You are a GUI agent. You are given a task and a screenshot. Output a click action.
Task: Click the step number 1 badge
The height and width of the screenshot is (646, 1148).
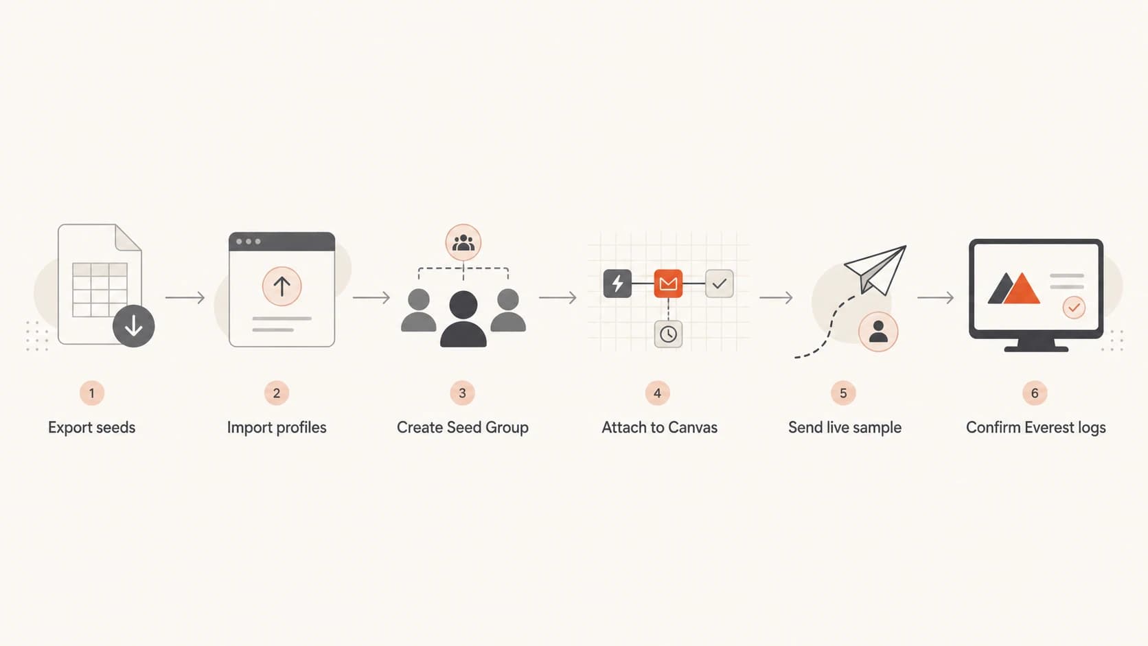[92, 393]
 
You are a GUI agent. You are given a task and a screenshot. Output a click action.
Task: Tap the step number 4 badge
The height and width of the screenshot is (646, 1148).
[658, 393]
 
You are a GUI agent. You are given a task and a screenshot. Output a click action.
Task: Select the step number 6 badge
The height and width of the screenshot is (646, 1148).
[1035, 393]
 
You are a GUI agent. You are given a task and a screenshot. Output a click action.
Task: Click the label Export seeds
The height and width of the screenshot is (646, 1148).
[92, 427]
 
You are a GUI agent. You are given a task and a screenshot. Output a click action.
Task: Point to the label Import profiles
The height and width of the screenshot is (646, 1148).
[277, 427]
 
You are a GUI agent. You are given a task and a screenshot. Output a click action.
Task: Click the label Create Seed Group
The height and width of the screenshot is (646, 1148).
[462, 427]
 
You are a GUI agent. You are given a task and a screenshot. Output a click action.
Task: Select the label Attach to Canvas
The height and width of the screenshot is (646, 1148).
[660, 427]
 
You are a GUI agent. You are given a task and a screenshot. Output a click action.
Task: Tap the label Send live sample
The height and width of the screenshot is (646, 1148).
[845, 427]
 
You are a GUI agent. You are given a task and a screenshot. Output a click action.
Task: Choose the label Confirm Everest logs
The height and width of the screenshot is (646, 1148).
[1036, 427]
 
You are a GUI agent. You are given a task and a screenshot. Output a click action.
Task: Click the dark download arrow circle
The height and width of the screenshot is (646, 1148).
[134, 326]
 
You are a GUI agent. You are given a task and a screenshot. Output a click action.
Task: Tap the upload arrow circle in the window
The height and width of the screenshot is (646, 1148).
[282, 286]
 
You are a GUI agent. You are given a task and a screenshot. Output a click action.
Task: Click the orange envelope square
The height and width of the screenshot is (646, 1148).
[668, 284]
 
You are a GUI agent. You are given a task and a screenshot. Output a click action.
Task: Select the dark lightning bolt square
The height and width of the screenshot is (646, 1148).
[617, 284]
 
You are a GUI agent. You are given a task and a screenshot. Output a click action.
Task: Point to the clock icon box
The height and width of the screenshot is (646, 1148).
[668, 334]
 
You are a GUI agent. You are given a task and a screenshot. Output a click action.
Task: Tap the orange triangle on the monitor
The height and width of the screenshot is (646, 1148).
[1022, 289]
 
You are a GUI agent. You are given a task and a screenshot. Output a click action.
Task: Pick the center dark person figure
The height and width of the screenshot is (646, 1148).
[463, 319]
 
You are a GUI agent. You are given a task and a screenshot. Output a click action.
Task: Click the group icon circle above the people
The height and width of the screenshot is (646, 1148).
[463, 242]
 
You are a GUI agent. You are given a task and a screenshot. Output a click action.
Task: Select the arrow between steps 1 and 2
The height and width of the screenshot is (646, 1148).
[185, 298]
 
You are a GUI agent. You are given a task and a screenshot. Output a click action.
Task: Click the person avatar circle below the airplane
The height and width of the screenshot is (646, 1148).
[878, 332]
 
